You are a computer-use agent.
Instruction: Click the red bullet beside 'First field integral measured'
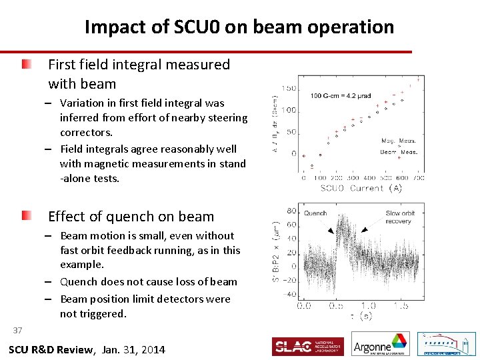click(x=25, y=65)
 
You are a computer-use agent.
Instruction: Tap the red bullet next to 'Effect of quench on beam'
click(x=25, y=216)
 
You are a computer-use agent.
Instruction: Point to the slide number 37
click(x=17, y=330)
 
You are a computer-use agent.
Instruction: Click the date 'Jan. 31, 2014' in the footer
click(x=133, y=350)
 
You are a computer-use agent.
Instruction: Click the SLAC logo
click(x=307, y=347)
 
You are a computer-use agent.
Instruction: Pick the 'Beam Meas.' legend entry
click(x=399, y=152)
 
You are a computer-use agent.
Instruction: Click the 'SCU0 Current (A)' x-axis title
click(x=361, y=188)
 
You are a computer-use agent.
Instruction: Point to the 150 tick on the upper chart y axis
click(x=288, y=89)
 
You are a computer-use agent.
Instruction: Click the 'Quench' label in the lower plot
click(x=315, y=214)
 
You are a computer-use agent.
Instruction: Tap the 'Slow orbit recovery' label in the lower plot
click(x=400, y=217)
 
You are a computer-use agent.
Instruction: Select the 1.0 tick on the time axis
click(x=369, y=305)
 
